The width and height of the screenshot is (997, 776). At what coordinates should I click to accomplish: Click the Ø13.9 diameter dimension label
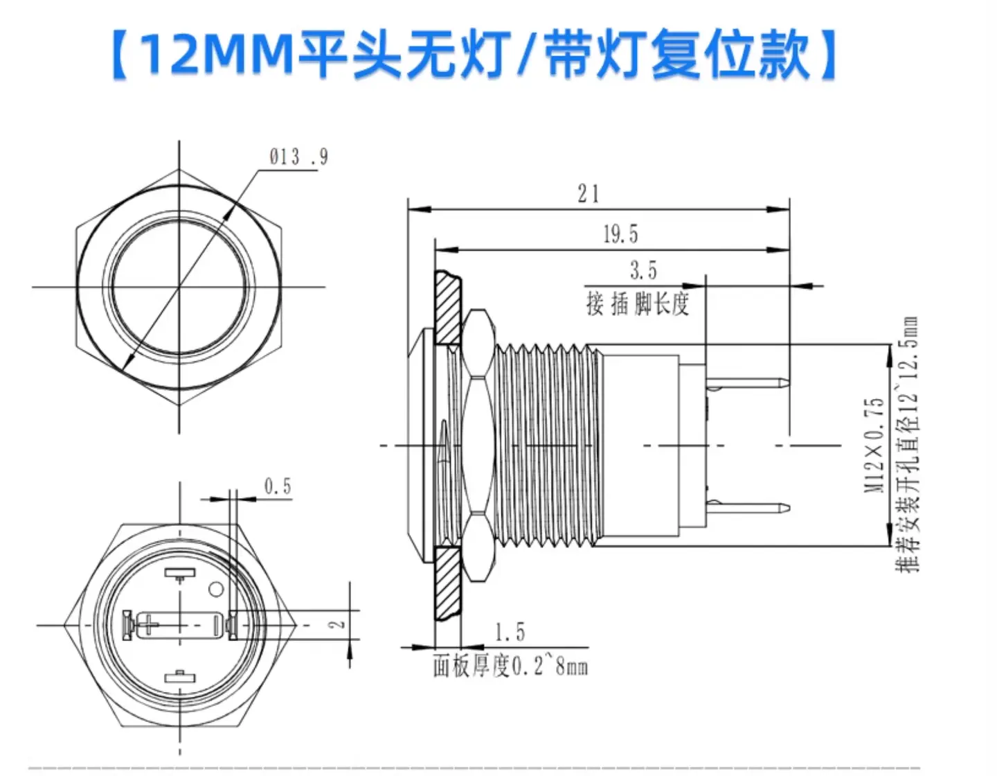298,157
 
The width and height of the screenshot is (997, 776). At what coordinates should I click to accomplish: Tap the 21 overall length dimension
589,194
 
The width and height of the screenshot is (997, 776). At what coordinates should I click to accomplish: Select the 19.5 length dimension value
620,234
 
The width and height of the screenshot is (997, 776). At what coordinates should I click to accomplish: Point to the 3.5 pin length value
643,270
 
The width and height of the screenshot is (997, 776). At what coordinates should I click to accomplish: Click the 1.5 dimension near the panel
510,633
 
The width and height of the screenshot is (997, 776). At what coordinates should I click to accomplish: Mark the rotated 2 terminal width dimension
337,624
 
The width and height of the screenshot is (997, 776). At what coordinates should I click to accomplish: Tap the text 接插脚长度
638,303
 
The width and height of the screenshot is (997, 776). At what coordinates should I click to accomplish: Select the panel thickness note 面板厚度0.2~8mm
510,667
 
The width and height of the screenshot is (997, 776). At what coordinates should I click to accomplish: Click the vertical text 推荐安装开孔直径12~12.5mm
907,444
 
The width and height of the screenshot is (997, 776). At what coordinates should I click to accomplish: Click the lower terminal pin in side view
748,509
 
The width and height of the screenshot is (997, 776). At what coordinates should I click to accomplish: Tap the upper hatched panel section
447,307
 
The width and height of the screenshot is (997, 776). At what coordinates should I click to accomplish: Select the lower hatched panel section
447,583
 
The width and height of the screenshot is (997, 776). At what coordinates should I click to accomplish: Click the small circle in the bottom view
215,589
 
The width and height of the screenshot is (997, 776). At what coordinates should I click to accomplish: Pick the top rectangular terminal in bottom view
180,574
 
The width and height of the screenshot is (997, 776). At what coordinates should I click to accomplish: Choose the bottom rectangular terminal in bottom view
180,676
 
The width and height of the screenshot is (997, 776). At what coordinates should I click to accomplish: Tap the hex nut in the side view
479,446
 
